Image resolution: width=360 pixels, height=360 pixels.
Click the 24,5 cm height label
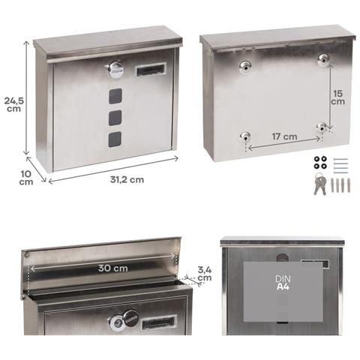(14, 104)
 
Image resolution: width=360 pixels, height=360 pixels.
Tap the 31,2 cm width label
(127, 180)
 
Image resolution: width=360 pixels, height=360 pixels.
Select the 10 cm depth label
(26, 178)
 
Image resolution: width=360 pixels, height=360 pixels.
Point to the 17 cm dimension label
(284, 136)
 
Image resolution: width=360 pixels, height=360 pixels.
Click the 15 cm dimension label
(338, 97)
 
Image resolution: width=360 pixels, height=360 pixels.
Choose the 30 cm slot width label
(113, 268)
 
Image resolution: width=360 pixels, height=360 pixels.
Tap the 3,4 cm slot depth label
(205, 274)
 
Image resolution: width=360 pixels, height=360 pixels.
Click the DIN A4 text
(283, 283)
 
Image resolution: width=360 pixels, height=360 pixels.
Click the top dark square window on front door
(115, 96)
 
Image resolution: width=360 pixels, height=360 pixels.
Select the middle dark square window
(115, 118)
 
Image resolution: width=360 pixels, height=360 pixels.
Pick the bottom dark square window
(115, 139)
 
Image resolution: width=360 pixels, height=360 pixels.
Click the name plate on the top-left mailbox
(151, 69)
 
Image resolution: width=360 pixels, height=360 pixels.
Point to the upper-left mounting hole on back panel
(245, 67)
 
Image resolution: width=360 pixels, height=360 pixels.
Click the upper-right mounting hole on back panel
(324, 59)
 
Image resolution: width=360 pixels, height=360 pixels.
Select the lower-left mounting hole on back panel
(245, 136)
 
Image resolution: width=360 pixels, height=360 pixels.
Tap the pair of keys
(320, 184)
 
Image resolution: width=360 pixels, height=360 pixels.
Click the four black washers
(320, 162)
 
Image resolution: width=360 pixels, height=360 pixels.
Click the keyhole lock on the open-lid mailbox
(116, 324)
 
